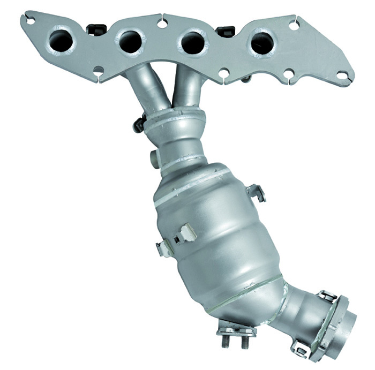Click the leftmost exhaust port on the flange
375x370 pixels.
pos(61,40)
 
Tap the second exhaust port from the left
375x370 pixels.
pos(131,41)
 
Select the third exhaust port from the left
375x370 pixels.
pos(193,42)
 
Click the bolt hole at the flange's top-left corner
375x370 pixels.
pos(31,20)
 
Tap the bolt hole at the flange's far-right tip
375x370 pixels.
pos(341,75)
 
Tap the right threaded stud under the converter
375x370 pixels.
pos(245,339)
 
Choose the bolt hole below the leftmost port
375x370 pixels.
pos(98,70)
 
